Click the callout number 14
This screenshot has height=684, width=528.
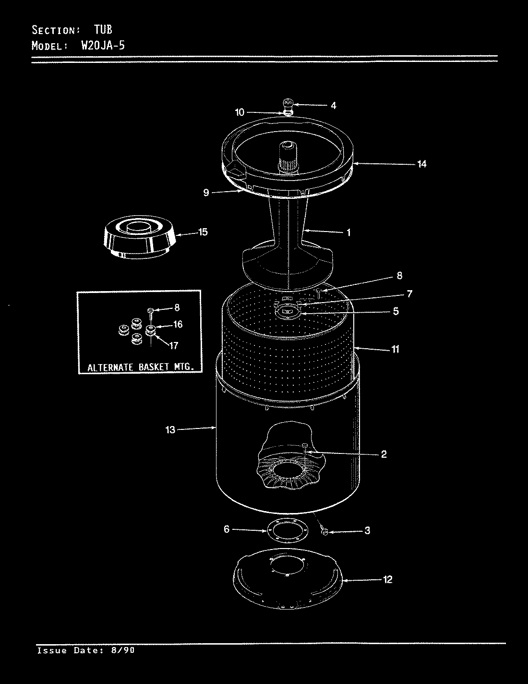(x=421, y=164)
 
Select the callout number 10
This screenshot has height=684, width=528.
(x=240, y=112)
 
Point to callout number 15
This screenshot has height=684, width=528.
(x=203, y=232)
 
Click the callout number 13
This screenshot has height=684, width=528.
(x=171, y=430)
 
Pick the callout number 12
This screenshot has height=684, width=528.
(x=387, y=579)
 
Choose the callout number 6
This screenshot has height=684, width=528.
(x=227, y=529)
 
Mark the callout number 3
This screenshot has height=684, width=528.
(x=367, y=531)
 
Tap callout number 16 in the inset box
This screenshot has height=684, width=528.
(x=178, y=325)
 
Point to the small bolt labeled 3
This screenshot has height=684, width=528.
(x=325, y=531)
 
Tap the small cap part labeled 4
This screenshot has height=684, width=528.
(x=287, y=103)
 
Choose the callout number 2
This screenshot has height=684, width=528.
(x=384, y=454)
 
